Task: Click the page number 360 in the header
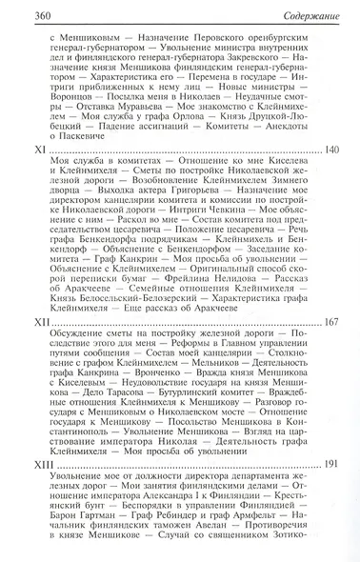tap(20, 10)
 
